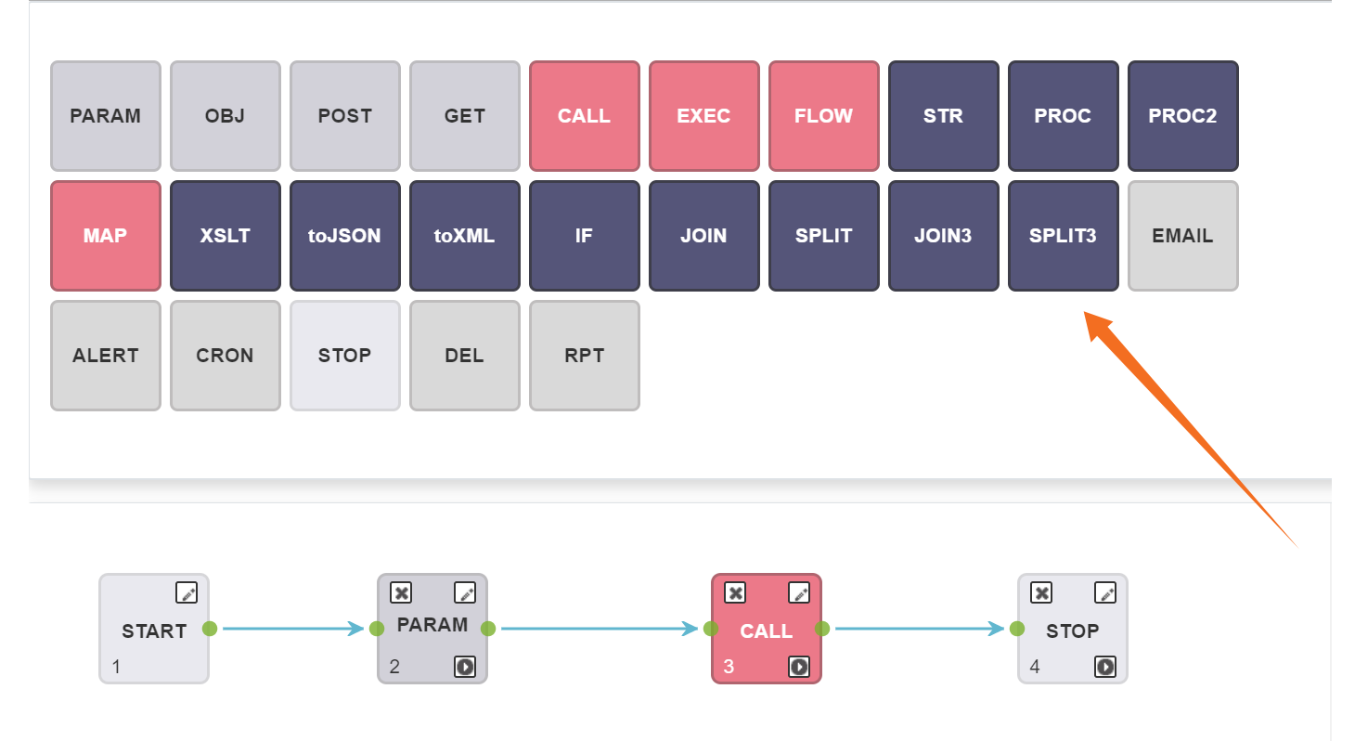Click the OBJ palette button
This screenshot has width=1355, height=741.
(225, 116)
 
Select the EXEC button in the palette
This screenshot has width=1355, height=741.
(703, 116)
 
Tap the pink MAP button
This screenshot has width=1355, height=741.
(105, 236)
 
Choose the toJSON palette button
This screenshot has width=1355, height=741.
(344, 236)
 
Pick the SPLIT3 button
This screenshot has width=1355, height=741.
(1063, 236)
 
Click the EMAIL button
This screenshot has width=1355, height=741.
(1182, 236)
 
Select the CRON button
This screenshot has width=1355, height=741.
(225, 356)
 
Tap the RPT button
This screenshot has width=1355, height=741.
(584, 356)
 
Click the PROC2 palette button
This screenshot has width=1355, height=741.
(1182, 116)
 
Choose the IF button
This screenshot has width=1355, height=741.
(584, 236)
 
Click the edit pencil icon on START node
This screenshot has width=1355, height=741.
(187, 592)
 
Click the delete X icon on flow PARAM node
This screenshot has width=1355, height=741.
(401, 592)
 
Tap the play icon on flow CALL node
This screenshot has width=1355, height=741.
(799, 666)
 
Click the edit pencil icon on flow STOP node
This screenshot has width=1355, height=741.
(1105, 592)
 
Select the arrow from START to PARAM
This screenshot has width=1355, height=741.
(292, 629)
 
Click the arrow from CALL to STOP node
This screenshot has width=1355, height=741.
(919, 629)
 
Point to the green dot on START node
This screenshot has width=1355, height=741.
(210, 629)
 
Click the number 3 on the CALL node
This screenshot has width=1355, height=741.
(729, 667)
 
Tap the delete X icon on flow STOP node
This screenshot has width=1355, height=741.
(1041, 592)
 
